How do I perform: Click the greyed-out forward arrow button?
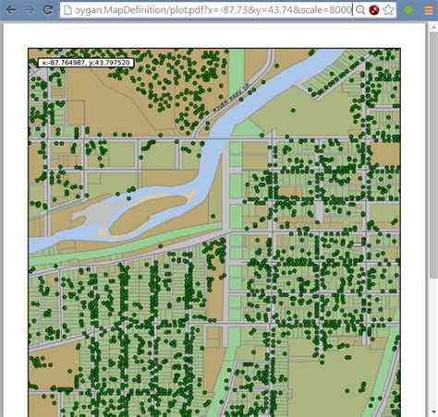click(x=29, y=9)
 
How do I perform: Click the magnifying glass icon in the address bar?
click(x=360, y=10)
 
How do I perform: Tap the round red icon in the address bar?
click(x=373, y=10)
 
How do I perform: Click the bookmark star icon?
click(x=389, y=10)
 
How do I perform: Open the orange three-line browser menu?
click(x=428, y=10)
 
